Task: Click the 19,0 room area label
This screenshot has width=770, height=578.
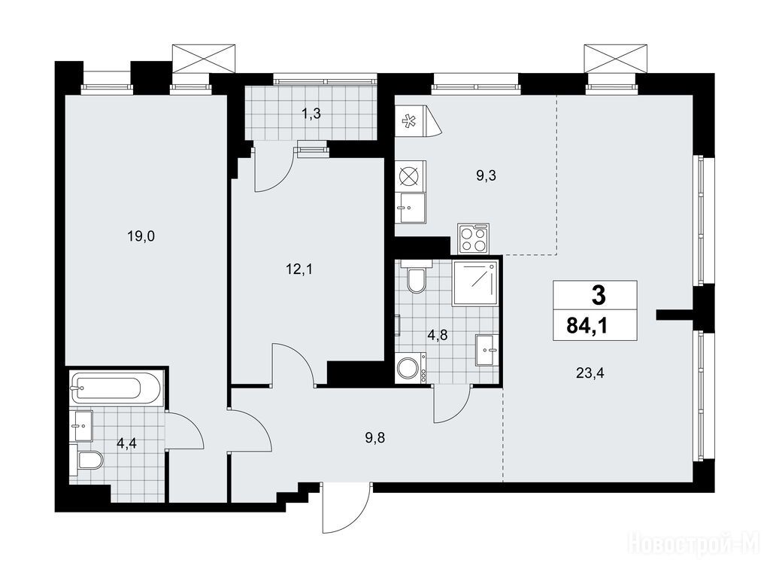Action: point(141,237)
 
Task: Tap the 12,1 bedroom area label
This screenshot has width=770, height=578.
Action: point(299,269)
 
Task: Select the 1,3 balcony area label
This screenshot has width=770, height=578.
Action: point(311,114)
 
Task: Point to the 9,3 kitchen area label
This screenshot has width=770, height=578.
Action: point(486,175)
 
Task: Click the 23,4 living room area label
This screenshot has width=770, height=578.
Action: point(590,373)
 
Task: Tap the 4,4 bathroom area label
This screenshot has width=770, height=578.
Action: point(126,444)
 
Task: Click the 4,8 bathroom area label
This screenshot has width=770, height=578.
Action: point(437,336)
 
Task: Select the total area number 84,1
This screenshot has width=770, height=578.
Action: point(587,325)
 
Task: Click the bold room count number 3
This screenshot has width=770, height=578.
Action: point(599,296)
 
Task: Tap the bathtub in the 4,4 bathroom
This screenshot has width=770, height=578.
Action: point(116,388)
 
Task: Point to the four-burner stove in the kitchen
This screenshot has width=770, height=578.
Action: point(474,239)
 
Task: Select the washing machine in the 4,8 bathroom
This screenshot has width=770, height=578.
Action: point(411,367)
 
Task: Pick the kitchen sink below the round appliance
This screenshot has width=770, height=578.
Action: point(411,208)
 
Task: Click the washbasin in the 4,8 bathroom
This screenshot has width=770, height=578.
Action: point(487,350)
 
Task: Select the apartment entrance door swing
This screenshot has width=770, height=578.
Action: point(346,508)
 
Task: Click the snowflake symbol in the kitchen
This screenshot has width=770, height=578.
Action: point(408,121)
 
